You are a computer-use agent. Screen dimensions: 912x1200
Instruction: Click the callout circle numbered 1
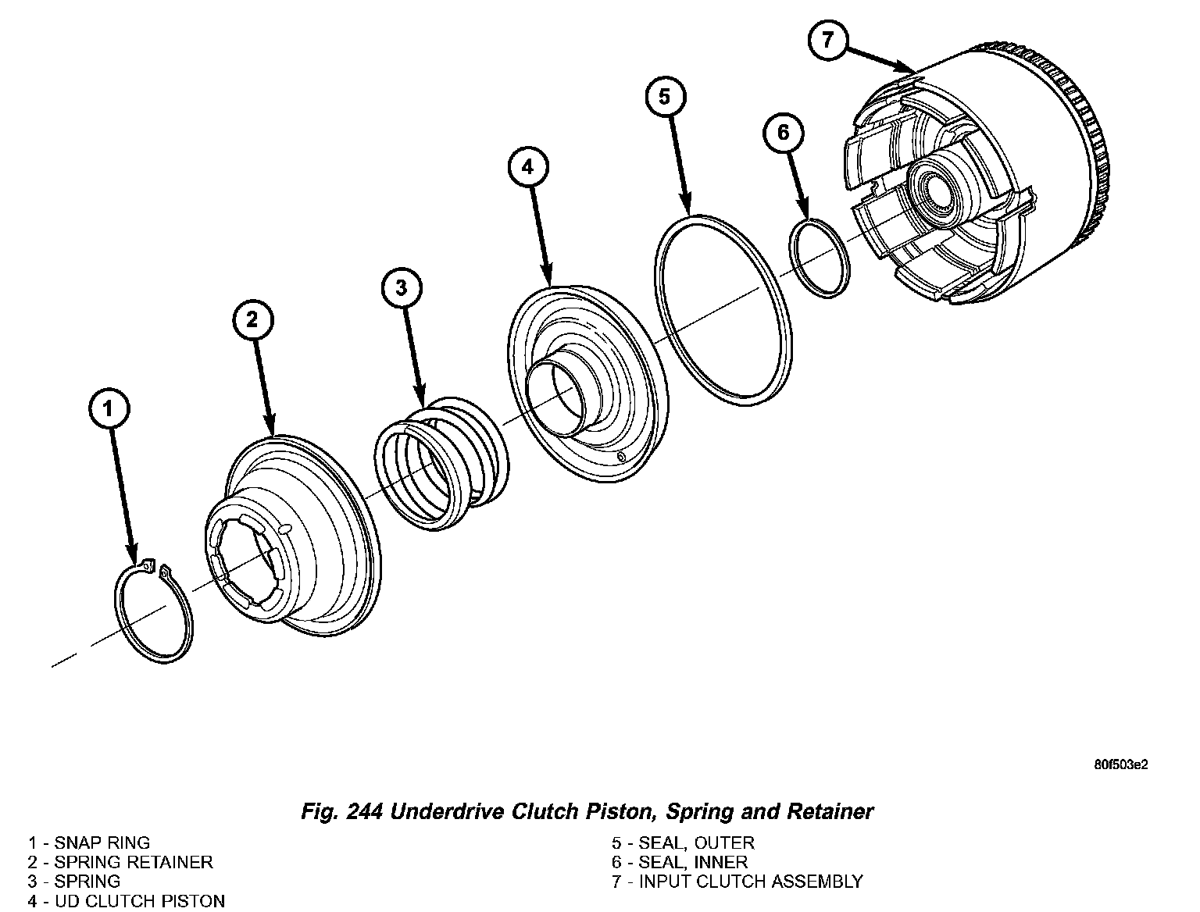[x=109, y=408]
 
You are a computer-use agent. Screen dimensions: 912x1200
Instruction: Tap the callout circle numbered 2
[x=252, y=319]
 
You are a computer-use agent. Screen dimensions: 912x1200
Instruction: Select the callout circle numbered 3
[x=402, y=288]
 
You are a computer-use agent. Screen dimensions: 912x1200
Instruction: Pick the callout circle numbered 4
[x=528, y=166]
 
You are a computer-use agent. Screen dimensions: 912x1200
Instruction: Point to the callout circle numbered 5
[x=665, y=97]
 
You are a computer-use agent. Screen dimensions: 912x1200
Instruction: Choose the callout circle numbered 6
[x=784, y=133]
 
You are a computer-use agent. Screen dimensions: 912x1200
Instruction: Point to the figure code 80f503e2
[x=1120, y=764]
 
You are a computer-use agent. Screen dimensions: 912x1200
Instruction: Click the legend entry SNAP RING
[x=90, y=843]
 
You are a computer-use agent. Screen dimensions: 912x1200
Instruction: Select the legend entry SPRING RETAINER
[x=121, y=863]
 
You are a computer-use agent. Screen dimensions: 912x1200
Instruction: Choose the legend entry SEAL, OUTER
[x=684, y=843]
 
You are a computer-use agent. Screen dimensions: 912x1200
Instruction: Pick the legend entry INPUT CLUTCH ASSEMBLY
[x=737, y=882]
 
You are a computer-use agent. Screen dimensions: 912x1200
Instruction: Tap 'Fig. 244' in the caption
[x=341, y=812]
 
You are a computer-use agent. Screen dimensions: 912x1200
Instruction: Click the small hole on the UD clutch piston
[x=621, y=456]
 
